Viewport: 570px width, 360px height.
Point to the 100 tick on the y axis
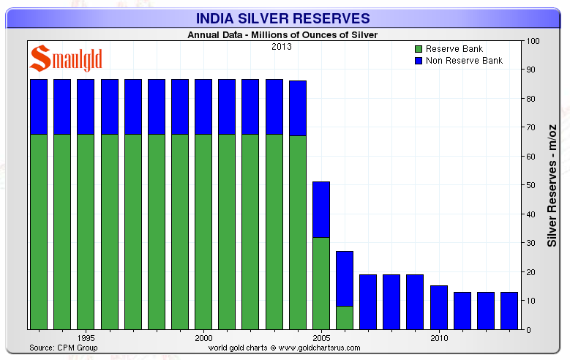(533, 41)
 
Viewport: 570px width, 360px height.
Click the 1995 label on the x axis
(86, 339)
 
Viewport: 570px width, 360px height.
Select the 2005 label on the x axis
(320, 339)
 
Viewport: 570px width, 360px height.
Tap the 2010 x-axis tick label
(438, 339)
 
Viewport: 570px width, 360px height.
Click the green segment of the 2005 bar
(320, 283)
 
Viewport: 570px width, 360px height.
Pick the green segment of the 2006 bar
(344, 318)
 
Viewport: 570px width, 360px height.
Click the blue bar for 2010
(438, 307)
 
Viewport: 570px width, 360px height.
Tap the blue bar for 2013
(509, 310)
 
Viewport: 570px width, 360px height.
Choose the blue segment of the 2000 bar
(203, 107)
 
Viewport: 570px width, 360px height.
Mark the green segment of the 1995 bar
(86, 231)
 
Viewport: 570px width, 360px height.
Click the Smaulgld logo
(66, 59)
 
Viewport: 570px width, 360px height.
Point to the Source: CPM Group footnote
(62, 347)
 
